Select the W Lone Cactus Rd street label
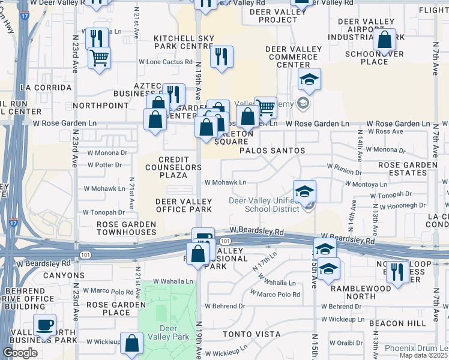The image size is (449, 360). click(x=166, y=61)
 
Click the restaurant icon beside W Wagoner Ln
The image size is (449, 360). click(x=97, y=39)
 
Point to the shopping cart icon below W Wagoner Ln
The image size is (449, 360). click(x=99, y=59)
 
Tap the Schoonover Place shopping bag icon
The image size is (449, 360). click(x=385, y=41)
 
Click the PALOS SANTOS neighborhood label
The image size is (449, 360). click(x=273, y=151)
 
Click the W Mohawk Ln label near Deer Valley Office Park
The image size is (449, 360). click(x=225, y=182)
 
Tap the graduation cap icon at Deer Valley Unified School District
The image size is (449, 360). click(x=304, y=192)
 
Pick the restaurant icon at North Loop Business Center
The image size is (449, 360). click(x=397, y=272)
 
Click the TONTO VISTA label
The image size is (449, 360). click(x=252, y=334)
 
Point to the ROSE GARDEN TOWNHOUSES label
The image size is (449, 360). click(x=127, y=228)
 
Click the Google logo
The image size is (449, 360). click(x=20, y=353)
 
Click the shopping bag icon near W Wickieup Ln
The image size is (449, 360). click(x=131, y=344)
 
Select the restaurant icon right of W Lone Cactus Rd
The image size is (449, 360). click(x=221, y=58)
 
